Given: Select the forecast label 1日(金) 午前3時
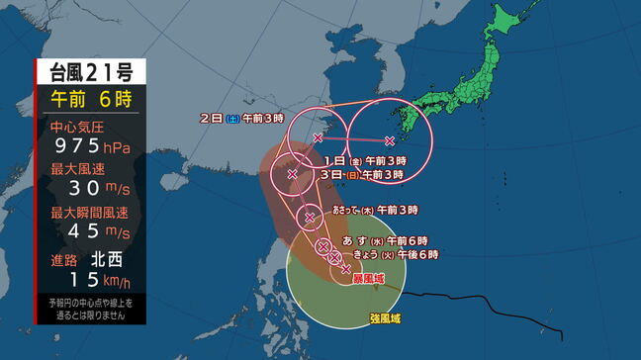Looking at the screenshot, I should (x=363, y=160).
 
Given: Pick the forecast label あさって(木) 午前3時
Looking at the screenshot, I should (x=375, y=210).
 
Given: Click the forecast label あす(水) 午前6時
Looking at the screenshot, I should (x=385, y=240).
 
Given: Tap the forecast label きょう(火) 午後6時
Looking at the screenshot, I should (x=395, y=254).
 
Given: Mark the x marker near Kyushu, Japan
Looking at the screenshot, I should (x=390, y=140).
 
